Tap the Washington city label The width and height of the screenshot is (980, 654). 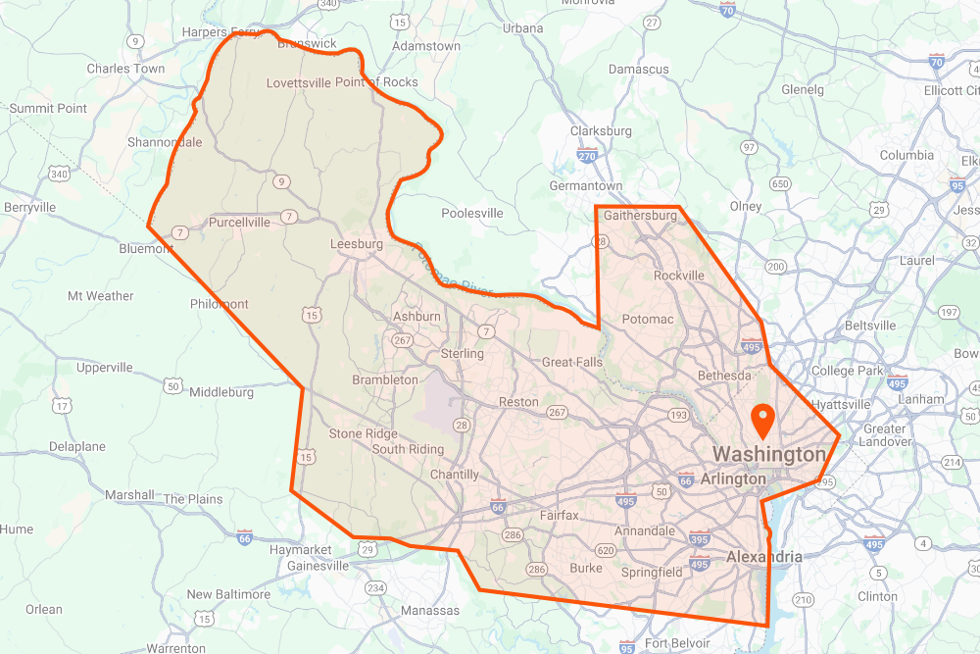(x=769, y=455)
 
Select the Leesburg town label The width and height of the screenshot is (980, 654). (x=357, y=244)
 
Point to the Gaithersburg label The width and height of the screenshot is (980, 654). (x=641, y=215)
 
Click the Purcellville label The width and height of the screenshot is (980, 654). (x=239, y=223)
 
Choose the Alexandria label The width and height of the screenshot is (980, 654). (x=763, y=557)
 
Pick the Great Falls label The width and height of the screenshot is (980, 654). (x=572, y=363)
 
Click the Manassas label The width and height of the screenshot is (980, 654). (x=430, y=611)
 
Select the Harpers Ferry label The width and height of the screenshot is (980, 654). (x=221, y=32)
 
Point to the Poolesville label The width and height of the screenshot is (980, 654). (x=472, y=213)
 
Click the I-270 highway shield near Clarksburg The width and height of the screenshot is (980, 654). (x=588, y=155)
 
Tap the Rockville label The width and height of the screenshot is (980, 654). (x=679, y=276)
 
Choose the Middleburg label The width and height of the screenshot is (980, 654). (x=221, y=392)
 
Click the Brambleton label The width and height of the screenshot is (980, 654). (x=385, y=379)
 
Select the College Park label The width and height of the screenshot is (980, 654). (x=848, y=372)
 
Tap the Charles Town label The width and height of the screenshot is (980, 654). (x=125, y=69)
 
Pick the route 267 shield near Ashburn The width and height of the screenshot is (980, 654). (x=402, y=339)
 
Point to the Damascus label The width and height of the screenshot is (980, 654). (x=639, y=70)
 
